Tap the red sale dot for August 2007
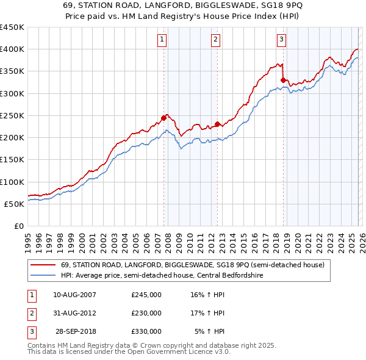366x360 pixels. (x=163, y=118)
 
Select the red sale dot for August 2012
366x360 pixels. (x=218, y=124)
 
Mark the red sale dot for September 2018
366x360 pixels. (x=283, y=80)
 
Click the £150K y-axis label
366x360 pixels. (x=12, y=160)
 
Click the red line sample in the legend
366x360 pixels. (x=43, y=265)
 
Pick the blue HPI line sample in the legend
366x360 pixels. (x=43, y=276)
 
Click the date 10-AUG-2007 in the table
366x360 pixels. (x=74, y=295)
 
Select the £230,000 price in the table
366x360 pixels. (x=146, y=313)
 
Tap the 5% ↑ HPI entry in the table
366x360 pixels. (x=210, y=331)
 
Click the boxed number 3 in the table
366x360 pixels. (x=30, y=331)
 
